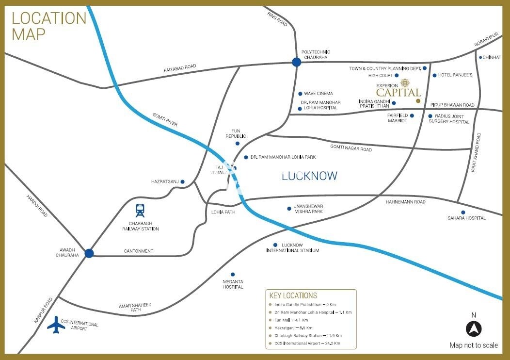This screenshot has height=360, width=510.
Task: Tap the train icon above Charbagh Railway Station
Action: click(140, 211)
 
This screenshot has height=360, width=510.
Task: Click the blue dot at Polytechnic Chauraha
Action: click(296, 62)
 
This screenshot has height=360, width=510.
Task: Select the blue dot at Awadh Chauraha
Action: click(89, 253)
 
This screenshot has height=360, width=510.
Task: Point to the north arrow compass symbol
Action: click(474, 328)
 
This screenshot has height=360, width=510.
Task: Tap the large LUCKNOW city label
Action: click(309, 176)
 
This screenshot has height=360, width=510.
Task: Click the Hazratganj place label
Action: click(165, 181)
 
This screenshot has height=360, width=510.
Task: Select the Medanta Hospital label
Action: click(233, 284)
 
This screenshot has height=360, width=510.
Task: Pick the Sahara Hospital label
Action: click(466, 218)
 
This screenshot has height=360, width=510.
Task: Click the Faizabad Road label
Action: click(180, 69)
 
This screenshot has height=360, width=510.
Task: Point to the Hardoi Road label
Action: click(37, 205)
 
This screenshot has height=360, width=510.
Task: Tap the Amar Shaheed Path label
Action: click(135, 307)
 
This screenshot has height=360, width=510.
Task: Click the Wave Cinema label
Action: click(319, 94)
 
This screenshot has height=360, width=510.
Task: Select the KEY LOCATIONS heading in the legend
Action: click(293, 295)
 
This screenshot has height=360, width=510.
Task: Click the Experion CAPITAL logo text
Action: click(398, 92)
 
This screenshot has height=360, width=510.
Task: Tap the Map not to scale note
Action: click(474, 345)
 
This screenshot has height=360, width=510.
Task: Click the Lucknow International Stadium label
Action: click(293, 247)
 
